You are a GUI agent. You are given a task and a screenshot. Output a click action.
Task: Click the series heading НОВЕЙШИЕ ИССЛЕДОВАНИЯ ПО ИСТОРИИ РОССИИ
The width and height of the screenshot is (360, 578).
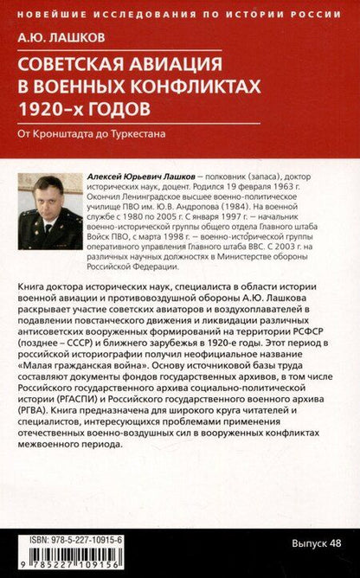(180, 13)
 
